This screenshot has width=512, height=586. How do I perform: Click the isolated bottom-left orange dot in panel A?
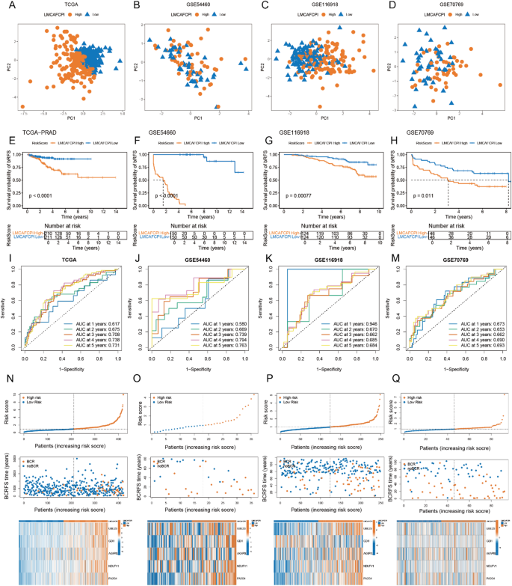tap(22, 106)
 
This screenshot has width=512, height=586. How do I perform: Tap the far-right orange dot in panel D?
tap(500, 85)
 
